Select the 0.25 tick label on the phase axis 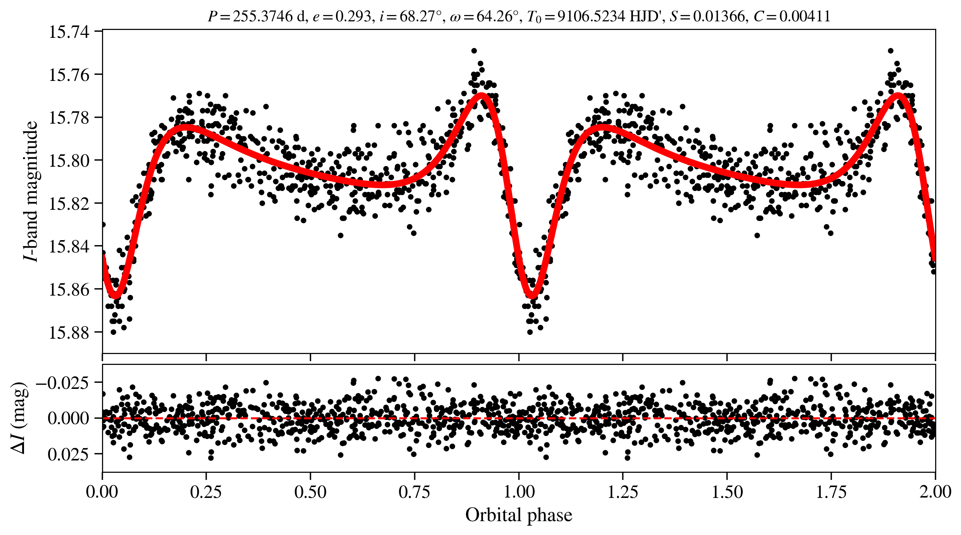click(x=206, y=492)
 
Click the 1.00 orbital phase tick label click(x=519, y=492)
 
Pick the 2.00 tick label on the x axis click(x=935, y=492)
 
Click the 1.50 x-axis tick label click(x=727, y=492)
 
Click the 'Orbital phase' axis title click(x=519, y=515)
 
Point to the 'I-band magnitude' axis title click(x=31, y=191)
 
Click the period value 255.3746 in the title click(x=262, y=16)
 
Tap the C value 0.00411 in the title click(x=805, y=16)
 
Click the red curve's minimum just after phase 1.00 click(x=532, y=296)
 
